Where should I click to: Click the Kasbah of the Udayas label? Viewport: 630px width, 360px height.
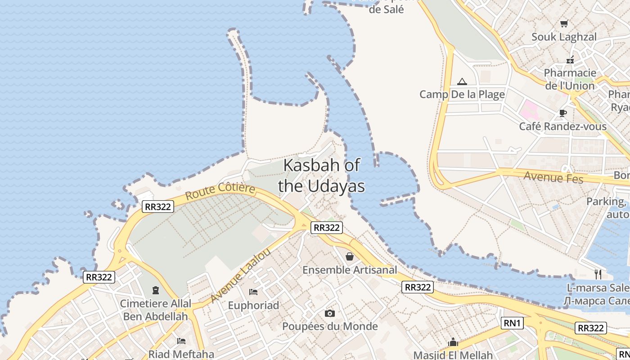321,175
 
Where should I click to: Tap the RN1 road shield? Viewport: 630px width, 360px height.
512,323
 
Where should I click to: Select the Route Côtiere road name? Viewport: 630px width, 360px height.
220,192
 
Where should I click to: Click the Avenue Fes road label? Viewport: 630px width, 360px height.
553,177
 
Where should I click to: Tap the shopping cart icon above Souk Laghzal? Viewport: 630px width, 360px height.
564,23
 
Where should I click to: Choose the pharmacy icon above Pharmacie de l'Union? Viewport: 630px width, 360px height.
570,59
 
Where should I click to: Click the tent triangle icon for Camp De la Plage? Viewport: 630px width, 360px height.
462,82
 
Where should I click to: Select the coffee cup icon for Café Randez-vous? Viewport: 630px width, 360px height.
562,113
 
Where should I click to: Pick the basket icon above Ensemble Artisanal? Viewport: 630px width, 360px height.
350,256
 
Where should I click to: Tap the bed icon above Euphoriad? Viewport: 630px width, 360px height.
253,292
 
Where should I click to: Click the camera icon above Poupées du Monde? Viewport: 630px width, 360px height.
330,313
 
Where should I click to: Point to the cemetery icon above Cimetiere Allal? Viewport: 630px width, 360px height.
156,290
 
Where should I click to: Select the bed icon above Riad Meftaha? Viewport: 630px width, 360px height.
181,341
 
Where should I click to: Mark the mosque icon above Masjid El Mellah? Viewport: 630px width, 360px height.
453,342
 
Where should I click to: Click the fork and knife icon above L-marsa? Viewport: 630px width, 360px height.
598,274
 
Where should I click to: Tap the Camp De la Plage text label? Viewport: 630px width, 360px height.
462,94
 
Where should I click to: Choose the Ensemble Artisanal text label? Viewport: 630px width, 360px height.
350,270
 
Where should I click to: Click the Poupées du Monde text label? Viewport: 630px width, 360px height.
330,326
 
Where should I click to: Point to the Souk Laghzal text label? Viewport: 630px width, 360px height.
564,37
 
